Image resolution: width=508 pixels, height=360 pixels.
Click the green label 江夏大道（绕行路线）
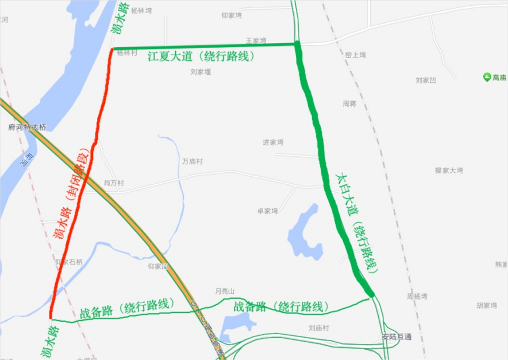201,57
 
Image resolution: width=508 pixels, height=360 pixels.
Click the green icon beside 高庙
487,77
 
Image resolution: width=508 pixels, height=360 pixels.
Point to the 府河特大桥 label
27,127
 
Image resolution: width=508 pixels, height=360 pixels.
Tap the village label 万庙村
193,162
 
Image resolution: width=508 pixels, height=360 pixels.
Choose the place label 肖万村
114,183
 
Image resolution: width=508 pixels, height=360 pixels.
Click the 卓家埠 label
267,211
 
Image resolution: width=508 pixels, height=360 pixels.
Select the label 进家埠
273,142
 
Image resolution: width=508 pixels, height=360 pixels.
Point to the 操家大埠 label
449,171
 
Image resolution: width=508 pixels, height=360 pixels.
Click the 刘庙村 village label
318,328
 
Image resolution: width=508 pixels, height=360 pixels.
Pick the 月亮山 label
225,291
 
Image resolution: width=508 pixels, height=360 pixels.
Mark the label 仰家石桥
69,262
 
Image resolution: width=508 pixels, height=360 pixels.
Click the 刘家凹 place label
426,80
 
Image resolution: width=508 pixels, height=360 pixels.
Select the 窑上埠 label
355,55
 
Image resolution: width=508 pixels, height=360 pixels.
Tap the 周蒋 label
349,104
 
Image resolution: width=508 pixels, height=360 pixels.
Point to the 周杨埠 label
417,296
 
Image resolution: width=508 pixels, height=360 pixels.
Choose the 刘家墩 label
201,72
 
